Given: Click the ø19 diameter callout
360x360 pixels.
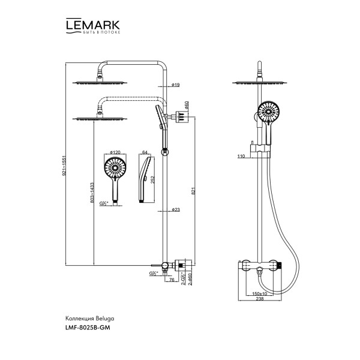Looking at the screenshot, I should [175, 85].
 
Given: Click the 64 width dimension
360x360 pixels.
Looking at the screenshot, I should [145, 154].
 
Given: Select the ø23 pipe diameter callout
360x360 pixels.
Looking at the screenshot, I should [175, 209].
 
